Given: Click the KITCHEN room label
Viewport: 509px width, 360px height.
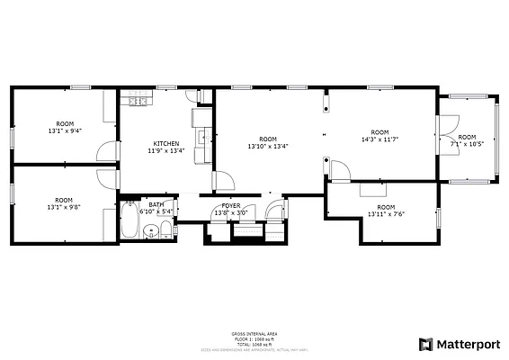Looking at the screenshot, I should tap(165, 144).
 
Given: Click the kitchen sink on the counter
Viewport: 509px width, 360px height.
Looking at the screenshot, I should tap(204, 139).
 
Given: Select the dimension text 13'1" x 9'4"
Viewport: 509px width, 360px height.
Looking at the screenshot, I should tap(64, 130).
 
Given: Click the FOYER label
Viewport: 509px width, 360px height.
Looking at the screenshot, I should tap(230, 206).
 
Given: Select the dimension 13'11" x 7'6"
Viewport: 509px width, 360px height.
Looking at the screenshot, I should tap(386, 214).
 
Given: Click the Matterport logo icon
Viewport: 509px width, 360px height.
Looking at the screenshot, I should tap(426, 344).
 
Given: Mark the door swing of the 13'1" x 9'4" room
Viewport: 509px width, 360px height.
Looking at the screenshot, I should tap(106, 151).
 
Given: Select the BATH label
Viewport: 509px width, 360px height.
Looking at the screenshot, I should tap(156, 205).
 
